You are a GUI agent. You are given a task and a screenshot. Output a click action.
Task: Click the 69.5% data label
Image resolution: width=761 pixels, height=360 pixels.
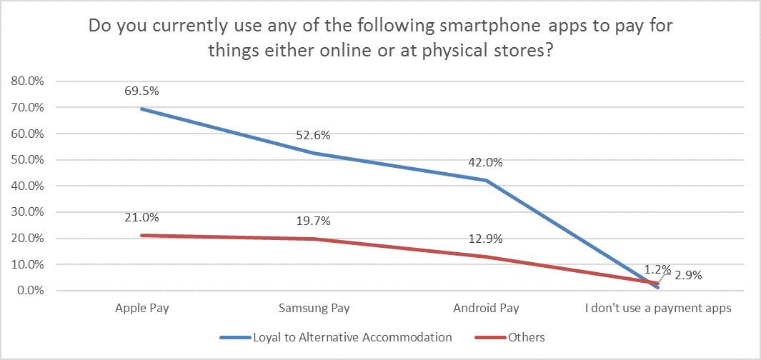point(142,91)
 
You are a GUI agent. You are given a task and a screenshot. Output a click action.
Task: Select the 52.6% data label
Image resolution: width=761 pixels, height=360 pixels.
point(314,136)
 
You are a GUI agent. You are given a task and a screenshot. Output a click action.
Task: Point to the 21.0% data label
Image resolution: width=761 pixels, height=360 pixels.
point(142,217)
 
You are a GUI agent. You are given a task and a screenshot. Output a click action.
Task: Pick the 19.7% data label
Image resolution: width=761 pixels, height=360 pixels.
point(314,220)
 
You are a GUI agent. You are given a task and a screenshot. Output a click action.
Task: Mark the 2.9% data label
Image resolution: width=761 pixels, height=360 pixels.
point(687,274)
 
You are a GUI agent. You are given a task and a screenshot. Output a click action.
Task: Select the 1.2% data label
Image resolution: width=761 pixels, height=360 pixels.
point(657,270)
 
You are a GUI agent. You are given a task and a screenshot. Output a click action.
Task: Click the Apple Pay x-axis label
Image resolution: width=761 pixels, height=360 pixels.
point(142,309)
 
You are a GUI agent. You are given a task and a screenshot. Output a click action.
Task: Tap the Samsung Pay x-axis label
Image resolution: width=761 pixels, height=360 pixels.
point(314,309)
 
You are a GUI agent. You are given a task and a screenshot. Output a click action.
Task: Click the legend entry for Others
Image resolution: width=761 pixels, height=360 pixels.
point(526,337)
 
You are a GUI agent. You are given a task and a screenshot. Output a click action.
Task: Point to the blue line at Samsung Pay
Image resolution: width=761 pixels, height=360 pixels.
point(314,153)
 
